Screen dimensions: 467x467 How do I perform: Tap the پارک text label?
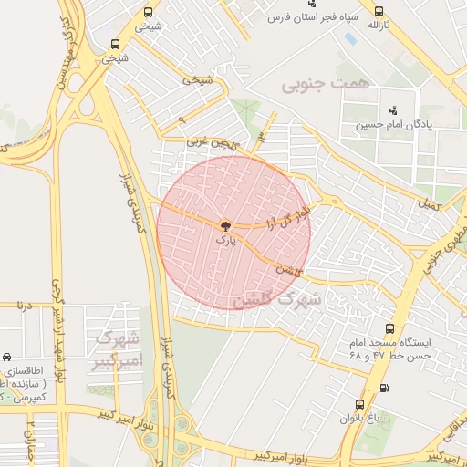(x=225, y=240)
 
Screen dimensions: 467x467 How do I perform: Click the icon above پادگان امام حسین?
(x=393, y=109)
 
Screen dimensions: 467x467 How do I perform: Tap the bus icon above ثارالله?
(x=378, y=11)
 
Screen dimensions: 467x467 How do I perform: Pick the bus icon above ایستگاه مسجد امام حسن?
(x=390, y=328)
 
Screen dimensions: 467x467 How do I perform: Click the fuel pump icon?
(x=383, y=389)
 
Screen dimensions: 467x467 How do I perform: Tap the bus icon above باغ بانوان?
(x=360, y=403)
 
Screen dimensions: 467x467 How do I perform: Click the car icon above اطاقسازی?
(x=6, y=358)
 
